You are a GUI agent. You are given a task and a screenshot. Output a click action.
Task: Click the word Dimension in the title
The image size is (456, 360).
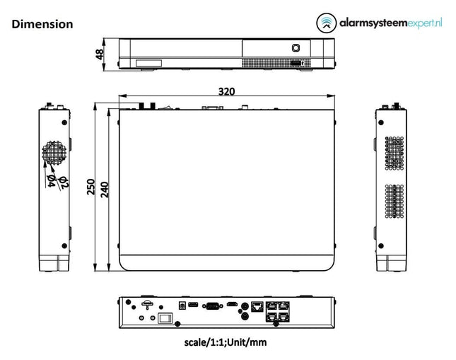(x=42, y=24)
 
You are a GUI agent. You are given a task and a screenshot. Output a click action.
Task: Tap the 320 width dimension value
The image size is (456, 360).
(x=226, y=91)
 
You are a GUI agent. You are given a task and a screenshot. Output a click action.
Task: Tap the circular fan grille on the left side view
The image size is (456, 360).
(x=54, y=152)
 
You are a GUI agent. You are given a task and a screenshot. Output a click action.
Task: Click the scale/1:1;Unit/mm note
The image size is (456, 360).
(x=226, y=342)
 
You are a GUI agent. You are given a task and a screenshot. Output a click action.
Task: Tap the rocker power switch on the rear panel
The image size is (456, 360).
(x=165, y=318)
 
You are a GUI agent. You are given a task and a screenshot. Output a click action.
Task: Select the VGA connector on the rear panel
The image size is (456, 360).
(x=211, y=306)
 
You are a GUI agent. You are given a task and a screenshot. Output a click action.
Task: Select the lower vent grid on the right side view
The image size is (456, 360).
(x=394, y=202)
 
